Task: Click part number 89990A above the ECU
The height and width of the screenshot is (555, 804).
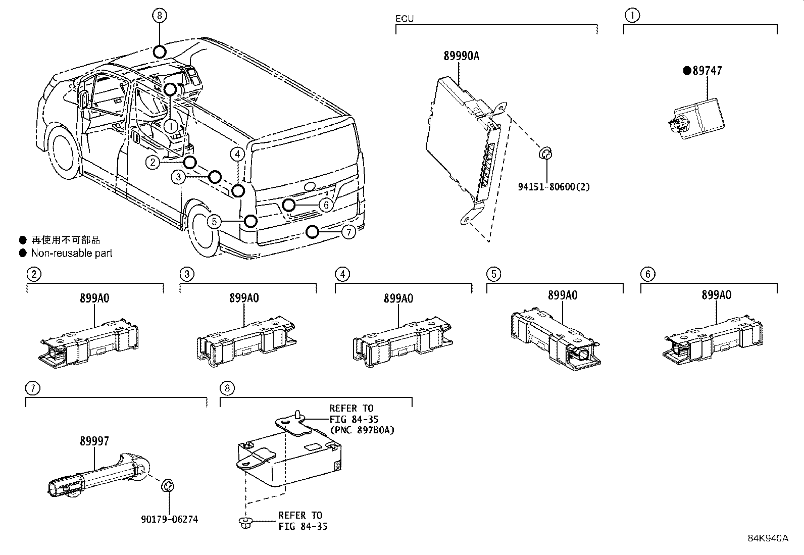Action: coord(461,56)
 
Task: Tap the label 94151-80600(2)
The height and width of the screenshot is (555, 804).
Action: coord(554,187)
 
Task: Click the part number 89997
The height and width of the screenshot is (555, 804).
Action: coord(94,441)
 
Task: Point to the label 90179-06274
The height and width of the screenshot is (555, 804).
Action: coord(169,519)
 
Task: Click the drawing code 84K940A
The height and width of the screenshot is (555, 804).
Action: coord(768,538)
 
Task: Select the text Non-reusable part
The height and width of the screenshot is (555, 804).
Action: coord(72,253)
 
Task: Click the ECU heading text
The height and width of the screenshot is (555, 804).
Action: coord(405,19)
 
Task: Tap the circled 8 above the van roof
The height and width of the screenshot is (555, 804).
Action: coord(159,16)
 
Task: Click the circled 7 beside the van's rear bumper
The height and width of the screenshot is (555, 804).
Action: coord(348,232)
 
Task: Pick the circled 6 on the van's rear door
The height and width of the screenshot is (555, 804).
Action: coord(327,205)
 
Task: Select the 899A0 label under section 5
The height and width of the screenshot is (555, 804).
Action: coord(562,295)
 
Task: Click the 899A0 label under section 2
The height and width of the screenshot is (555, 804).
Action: coord(94,298)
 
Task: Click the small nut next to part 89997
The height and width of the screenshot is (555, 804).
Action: coord(168,487)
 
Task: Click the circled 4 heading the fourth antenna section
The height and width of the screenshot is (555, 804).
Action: coord(342,274)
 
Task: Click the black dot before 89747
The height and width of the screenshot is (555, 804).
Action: coord(687,71)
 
